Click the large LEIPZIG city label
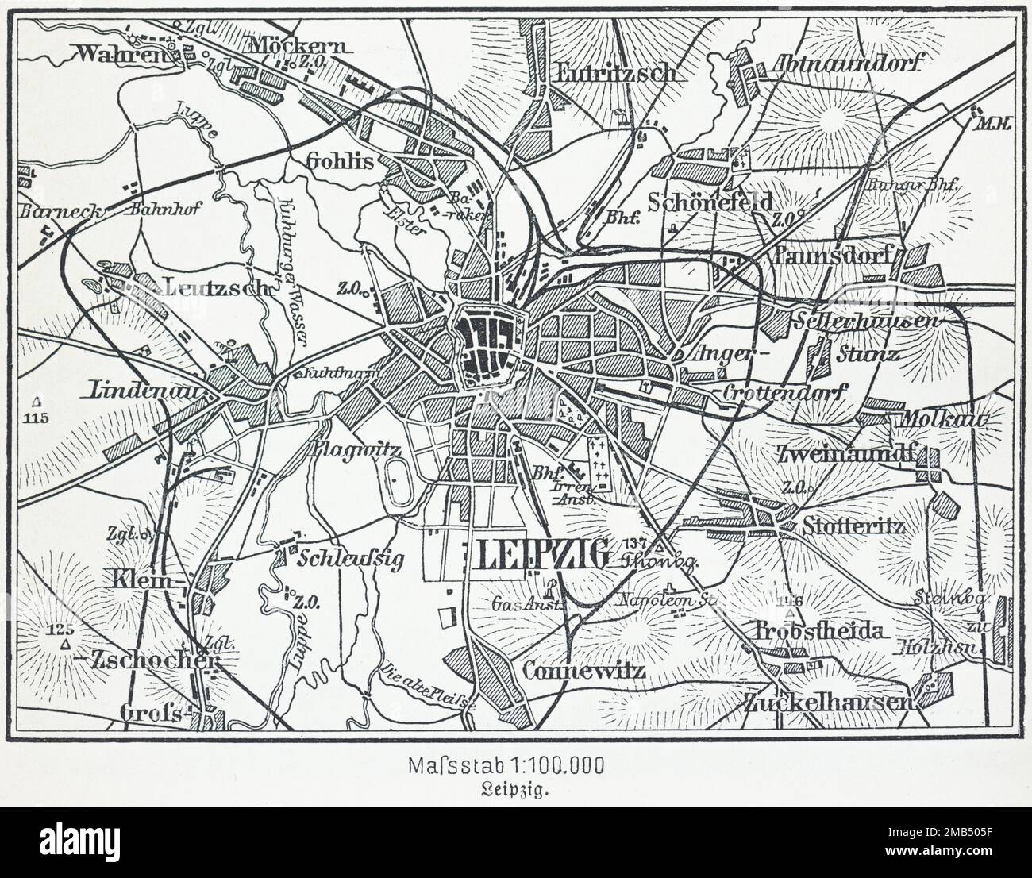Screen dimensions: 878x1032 [x=544, y=555]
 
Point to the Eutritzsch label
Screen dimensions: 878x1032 [x=616, y=72]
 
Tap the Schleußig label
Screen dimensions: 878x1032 [x=350, y=557]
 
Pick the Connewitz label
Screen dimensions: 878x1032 [x=583, y=671]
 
